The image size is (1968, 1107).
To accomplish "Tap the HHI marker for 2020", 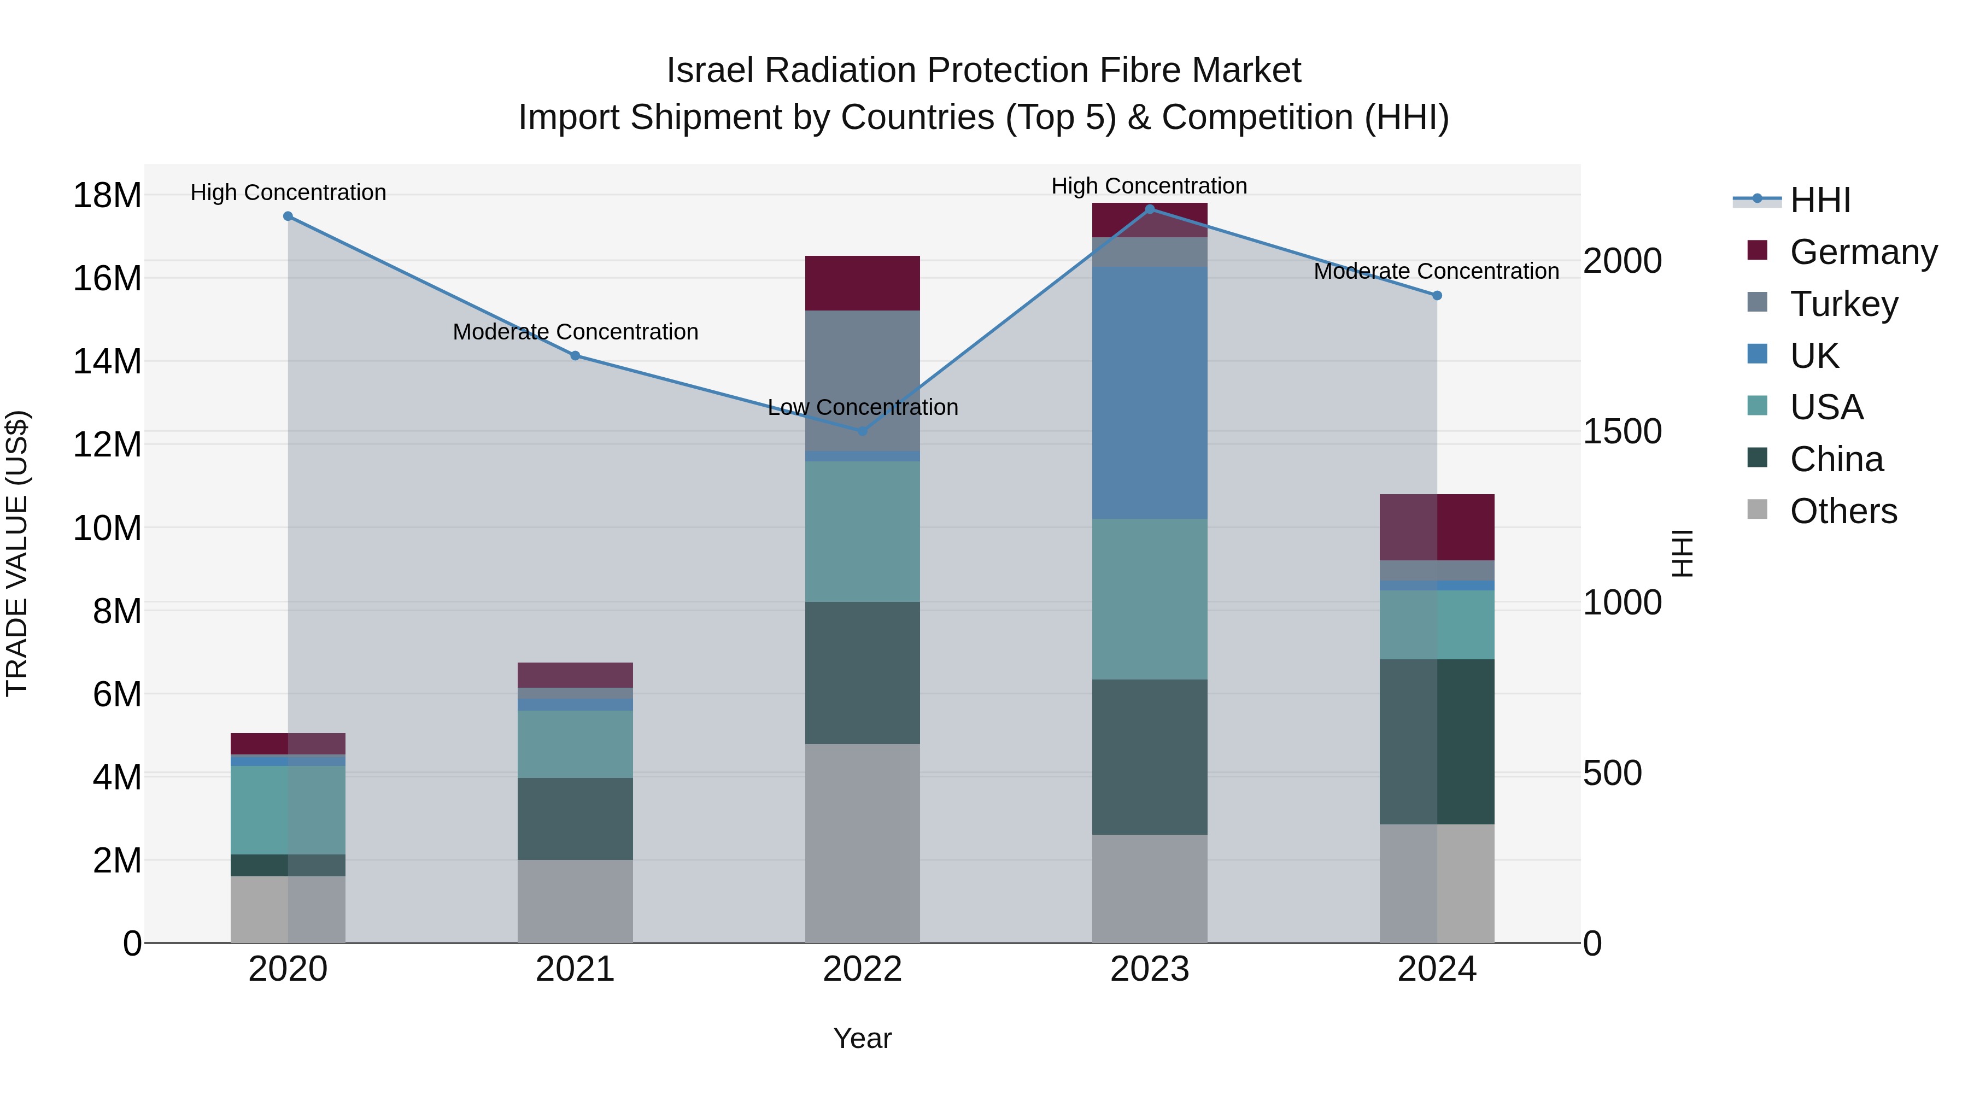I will point(288,216).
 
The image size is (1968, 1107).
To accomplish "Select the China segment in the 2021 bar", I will point(575,818).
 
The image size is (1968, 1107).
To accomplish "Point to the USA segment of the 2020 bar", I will point(288,810).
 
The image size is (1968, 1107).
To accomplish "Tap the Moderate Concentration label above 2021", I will point(575,332).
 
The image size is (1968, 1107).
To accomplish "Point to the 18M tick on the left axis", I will point(107,196).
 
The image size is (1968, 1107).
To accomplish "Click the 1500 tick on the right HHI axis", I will point(1622,432).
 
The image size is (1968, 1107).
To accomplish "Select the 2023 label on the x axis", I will point(1149,969).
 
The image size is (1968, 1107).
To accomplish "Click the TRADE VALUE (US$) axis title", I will point(17,553).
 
